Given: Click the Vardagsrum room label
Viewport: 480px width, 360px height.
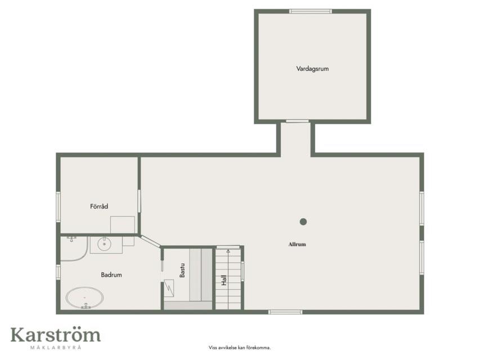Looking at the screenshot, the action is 312,69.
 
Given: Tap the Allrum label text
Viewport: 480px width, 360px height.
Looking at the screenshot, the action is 297,244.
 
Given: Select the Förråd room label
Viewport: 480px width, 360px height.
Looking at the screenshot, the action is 99,206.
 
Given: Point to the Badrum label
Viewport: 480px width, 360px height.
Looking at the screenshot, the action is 111,275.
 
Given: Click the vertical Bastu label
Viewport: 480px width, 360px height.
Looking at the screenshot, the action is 182,271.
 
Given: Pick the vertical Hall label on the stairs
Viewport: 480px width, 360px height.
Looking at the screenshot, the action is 225,280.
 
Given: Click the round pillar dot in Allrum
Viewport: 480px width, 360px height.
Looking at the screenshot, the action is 303,222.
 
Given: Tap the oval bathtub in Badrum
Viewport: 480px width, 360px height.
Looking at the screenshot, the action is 84,298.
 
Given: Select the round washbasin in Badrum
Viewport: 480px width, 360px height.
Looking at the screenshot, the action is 105,244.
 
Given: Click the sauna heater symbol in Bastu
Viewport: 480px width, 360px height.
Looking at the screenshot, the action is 169,288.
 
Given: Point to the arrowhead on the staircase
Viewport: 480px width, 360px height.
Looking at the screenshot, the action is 228,251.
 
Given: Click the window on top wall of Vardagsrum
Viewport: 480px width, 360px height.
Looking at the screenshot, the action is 311,11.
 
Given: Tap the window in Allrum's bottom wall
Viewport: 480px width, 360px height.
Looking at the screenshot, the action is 285,312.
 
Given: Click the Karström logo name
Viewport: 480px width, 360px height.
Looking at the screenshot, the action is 56,335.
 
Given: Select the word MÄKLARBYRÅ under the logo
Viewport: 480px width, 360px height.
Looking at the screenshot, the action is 56,348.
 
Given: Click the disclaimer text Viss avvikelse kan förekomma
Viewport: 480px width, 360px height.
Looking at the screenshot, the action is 240,348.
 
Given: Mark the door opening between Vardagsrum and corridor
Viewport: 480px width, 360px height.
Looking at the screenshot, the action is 297,121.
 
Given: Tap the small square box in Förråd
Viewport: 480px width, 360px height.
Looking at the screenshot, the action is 123,224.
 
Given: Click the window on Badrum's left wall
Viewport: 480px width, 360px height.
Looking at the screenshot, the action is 58,272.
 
